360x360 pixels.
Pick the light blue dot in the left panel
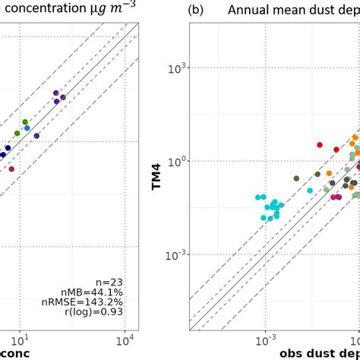click(27, 128)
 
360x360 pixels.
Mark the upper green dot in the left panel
click(25, 122)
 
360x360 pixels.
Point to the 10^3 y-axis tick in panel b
click(178, 69)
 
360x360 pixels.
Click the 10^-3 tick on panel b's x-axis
click(266, 336)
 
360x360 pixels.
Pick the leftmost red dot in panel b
click(320, 144)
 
